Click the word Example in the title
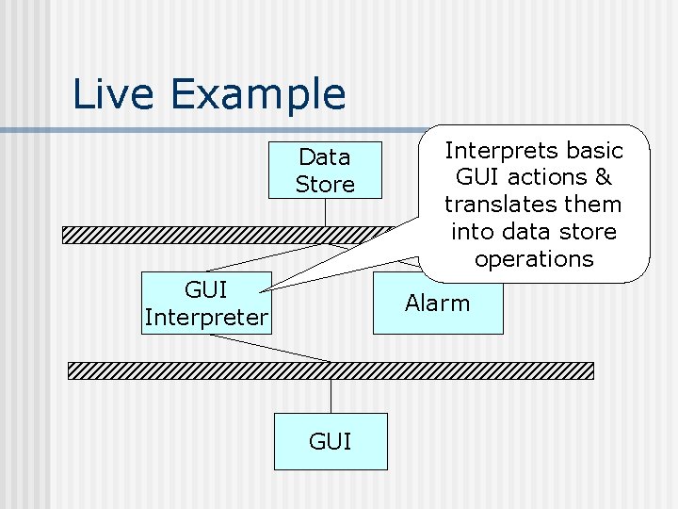coord(253,94)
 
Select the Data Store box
coord(325,171)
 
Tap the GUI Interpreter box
coord(206,303)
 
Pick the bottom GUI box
coord(331,441)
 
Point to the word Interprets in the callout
coord(493,151)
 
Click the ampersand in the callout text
coord(603,177)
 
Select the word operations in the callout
coord(534,259)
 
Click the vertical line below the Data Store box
coord(325,212)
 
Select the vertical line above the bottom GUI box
coord(331,396)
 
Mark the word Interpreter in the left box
coord(206,318)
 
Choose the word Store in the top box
coord(325,185)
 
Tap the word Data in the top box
coord(325,156)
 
